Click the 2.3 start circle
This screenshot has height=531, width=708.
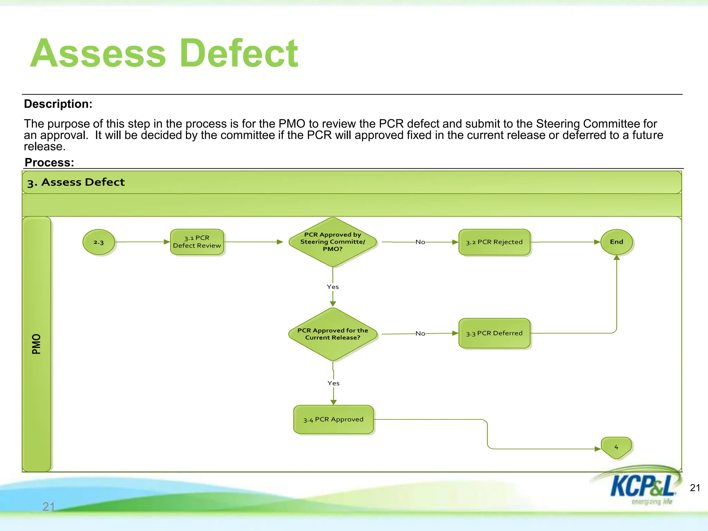point(99,242)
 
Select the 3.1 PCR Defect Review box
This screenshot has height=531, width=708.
point(197,242)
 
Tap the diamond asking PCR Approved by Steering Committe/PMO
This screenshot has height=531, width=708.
point(333,242)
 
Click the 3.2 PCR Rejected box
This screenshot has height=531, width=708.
point(494,242)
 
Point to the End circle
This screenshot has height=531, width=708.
point(616,242)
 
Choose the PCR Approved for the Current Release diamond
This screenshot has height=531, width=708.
point(333,334)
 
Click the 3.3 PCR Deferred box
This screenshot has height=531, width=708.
point(494,333)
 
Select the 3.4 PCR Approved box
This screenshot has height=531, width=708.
point(333,419)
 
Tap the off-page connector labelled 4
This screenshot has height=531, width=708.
point(616,447)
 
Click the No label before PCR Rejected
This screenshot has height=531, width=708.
point(420,242)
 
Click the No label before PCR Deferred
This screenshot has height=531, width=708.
point(420,334)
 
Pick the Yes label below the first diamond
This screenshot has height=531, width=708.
point(333,287)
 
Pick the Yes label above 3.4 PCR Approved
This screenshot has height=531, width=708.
point(333,383)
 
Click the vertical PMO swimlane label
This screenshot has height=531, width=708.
point(36,344)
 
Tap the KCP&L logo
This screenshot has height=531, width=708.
point(641,486)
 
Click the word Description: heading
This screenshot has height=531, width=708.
point(58,104)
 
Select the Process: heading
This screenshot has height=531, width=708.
point(49,162)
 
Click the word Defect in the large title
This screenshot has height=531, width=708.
point(239,54)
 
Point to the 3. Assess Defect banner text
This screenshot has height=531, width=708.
point(76,182)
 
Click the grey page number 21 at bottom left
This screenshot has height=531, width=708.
point(48,507)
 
